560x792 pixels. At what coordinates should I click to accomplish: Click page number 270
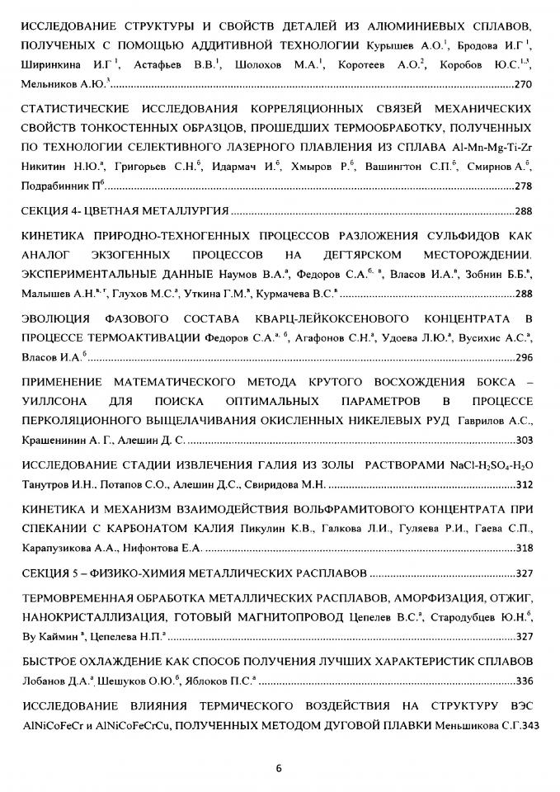523,84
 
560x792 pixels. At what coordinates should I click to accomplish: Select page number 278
523,186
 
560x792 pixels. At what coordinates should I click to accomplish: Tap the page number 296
523,359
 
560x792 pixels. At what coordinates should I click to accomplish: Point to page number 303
523,440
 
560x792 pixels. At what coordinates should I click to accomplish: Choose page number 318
523,548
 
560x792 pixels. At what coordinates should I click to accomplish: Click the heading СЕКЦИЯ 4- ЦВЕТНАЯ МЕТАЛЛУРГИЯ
124,210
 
